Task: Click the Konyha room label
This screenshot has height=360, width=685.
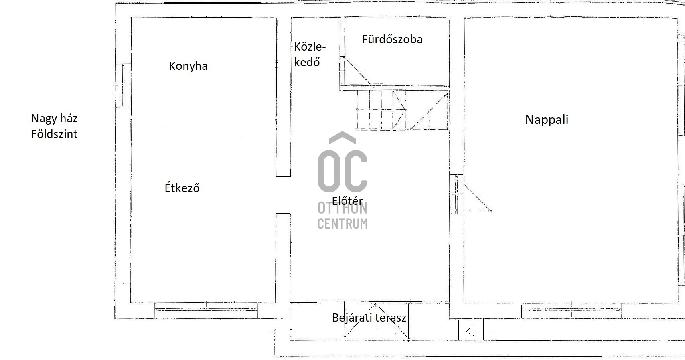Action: pos(188,66)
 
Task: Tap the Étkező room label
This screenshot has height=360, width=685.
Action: pos(182,187)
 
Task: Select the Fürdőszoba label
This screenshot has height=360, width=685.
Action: pos(392,39)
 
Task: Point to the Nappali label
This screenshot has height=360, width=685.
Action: pos(547,120)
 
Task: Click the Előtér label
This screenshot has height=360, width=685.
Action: pos(347,200)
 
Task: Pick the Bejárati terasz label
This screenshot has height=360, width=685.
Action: pos(369,318)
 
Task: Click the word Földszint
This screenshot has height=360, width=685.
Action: pos(55,134)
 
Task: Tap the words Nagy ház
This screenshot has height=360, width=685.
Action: pos(55,119)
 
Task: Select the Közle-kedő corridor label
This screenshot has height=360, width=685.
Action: pos(310,55)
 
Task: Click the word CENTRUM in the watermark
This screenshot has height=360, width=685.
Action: pos(342,224)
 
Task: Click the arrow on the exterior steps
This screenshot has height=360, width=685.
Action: pos(480,331)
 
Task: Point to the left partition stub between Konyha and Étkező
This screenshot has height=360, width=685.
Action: pos(148,133)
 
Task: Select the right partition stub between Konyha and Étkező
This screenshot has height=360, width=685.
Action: pos(259,133)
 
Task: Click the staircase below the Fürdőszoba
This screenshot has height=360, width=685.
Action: pos(401,110)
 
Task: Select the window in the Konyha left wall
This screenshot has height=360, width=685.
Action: pos(124,85)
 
